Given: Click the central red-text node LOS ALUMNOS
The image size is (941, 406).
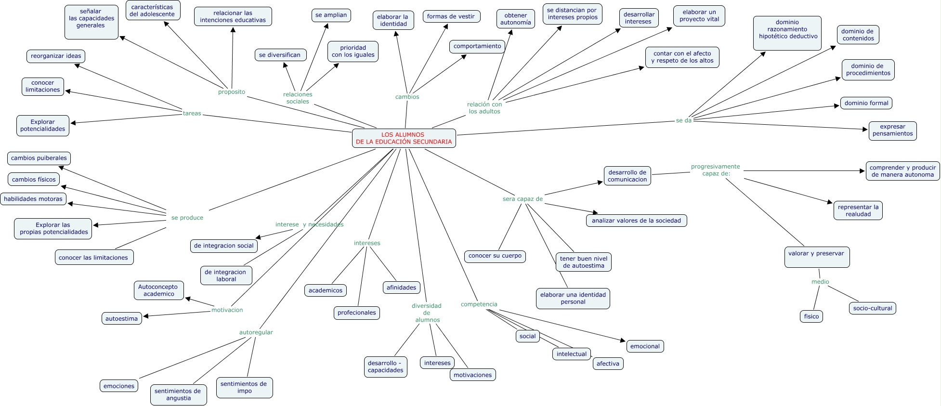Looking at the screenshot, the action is [404, 138].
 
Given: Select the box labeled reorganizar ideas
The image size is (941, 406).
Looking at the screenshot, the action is [56, 56].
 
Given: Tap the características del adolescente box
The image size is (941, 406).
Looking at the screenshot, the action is [152, 11].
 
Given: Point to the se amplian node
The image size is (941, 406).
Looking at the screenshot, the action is [331, 15].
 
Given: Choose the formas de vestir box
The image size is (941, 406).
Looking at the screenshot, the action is [451, 16].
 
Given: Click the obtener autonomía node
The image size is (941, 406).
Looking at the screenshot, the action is [515, 19].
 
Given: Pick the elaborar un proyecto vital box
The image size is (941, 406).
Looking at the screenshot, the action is [699, 15].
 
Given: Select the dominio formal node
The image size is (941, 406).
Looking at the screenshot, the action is [866, 103].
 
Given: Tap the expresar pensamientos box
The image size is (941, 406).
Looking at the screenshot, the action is [892, 131].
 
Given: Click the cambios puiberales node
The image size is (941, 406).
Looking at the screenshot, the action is [39, 158].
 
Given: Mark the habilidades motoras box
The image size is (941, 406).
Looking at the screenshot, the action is [33, 199].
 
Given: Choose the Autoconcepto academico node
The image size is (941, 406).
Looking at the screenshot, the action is [158, 290].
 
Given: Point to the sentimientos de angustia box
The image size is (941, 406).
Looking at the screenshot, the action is [178, 395].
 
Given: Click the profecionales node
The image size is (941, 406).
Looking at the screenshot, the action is [356, 313].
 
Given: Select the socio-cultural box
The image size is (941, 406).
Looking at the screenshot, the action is [872, 308].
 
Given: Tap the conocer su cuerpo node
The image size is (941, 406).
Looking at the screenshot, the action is [495, 256].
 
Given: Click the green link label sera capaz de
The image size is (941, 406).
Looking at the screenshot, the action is [523, 199].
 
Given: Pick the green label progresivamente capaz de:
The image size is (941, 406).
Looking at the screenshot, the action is [716, 170].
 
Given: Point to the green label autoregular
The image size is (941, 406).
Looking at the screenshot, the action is [256, 332].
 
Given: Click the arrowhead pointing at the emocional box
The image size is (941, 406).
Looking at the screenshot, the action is [623, 341].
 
